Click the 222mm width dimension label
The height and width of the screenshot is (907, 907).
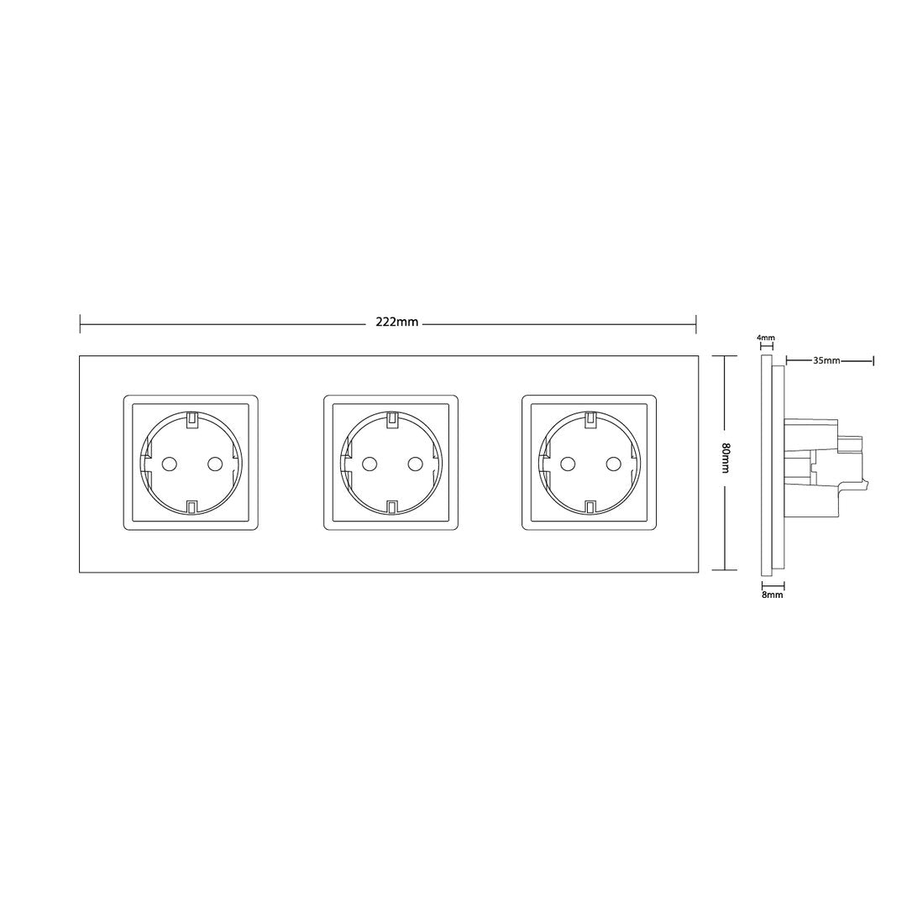[x=396, y=322]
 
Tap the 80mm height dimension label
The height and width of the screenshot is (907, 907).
[x=726, y=459]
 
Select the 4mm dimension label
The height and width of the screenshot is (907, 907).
[x=765, y=338]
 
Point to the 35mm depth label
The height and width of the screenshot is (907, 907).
[x=826, y=360]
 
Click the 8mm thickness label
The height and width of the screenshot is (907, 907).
[x=773, y=595]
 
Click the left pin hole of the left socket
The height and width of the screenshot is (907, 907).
[x=169, y=464]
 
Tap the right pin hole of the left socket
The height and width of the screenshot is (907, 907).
[x=214, y=464]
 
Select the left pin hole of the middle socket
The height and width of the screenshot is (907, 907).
[x=369, y=464]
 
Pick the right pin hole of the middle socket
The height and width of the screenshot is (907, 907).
[x=414, y=464]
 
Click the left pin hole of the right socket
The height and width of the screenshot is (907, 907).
[x=568, y=464]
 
